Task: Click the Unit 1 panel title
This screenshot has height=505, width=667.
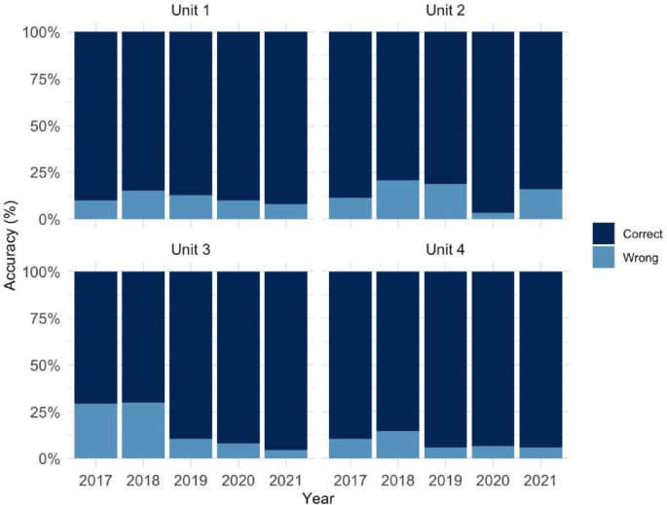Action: (x=191, y=13)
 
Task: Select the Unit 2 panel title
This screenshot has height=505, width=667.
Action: (x=446, y=13)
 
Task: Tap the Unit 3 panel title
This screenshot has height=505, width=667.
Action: (x=191, y=251)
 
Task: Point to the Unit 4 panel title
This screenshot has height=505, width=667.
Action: (x=446, y=251)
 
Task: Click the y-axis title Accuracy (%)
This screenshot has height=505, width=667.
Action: (x=12, y=243)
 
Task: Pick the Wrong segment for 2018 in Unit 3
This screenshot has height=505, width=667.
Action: (x=143, y=429)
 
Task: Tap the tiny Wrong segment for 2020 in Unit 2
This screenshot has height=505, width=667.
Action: (x=494, y=215)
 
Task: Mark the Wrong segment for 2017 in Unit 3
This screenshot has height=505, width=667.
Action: (x=95, y=430)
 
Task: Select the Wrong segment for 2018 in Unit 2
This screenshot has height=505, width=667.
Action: (x=399, y=199)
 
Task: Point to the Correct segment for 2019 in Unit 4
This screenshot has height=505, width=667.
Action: (x=446, y=359)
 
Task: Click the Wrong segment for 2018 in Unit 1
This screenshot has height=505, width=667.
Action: (x=143, y=204)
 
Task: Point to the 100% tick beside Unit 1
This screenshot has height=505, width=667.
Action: (x=42, y=32)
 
